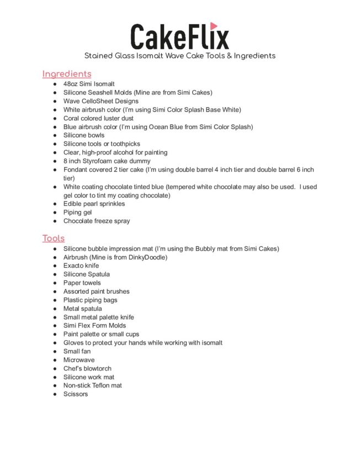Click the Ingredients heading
point(67,73)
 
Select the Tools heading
point(54,238)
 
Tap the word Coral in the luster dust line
point(72,118)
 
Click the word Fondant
point(77,170)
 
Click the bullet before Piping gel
point(55,213)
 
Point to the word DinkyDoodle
point(147,257)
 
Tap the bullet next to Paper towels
point(55,283)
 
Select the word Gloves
point(75,343)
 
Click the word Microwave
point(79,360)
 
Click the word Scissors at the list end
point(76,394)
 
